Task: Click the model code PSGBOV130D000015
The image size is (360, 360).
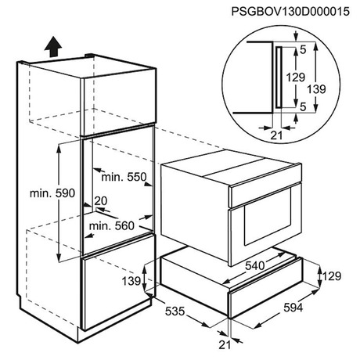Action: point(290,12)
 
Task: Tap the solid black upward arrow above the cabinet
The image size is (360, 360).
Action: point(53,46)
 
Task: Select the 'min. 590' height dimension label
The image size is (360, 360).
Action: point(52,193)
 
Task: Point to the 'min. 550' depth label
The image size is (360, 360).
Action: point(124,177)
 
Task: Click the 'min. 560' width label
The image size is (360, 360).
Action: point(112,225)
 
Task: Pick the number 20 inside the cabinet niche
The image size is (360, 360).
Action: point(101,201)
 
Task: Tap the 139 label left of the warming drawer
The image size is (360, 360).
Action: point(131,281)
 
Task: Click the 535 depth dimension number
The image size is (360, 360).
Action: point(175,311)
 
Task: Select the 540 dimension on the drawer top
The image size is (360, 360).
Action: point(255,265)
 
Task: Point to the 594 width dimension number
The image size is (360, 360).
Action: point(293,308)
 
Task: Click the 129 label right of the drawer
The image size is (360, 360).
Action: point(332,276)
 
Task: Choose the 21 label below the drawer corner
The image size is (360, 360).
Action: point(225,345)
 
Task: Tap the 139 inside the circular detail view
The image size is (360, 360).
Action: point(316,89)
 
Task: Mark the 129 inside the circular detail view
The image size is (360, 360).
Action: point(296,77)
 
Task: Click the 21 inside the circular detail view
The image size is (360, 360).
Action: point(276,135)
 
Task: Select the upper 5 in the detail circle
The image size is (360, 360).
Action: point(303,50)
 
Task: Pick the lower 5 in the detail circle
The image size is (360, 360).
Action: point(303,106)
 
